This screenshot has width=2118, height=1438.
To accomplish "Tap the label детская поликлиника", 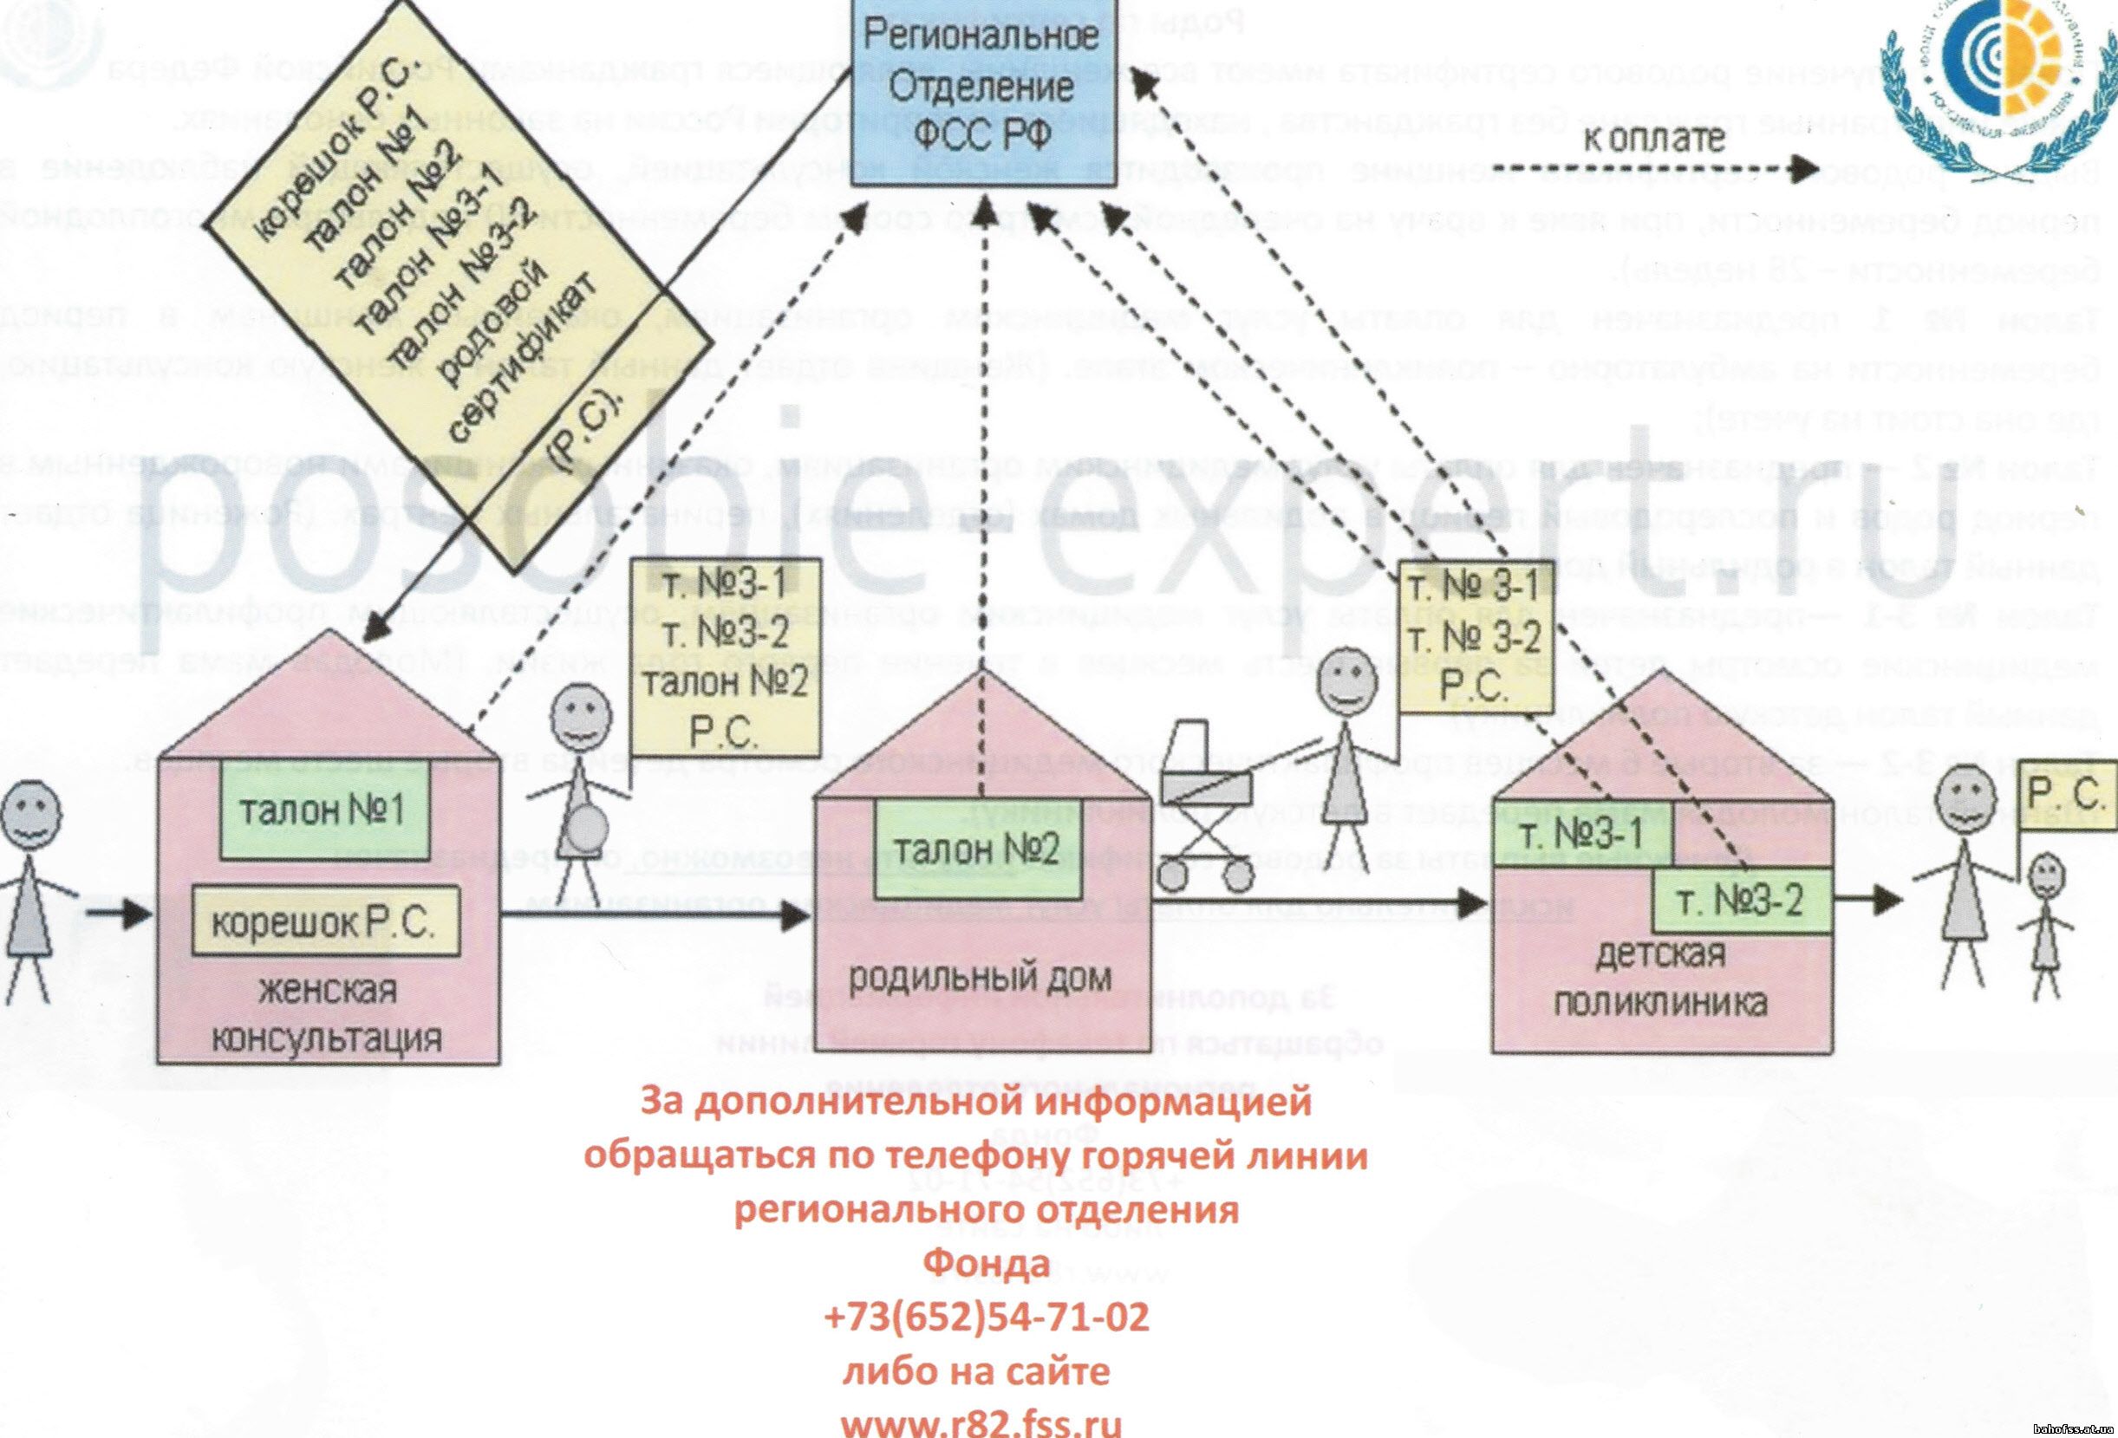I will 1659,979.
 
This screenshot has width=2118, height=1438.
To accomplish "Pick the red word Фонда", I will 986,1264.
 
